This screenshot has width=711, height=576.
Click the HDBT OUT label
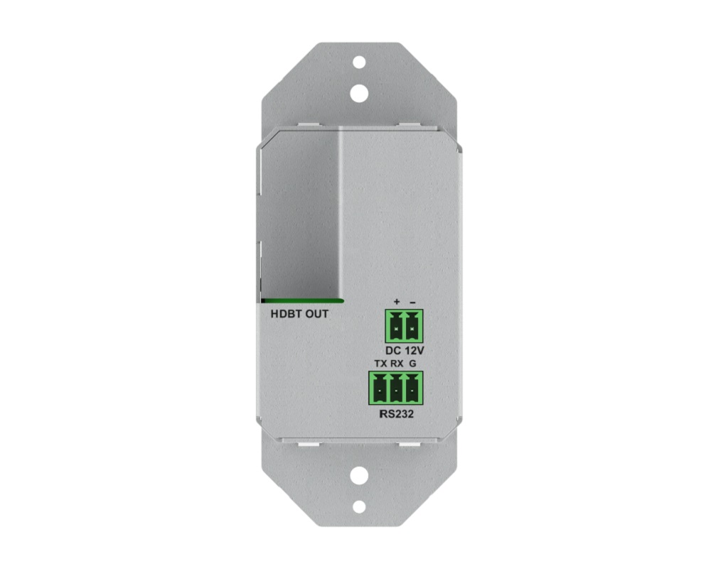[x=299, y=314]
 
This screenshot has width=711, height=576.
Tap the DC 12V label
[x=405, y=350]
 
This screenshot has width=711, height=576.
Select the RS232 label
[x=396, y=414]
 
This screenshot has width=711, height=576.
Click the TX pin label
[x=381, y=364]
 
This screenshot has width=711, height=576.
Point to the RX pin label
[x=397, y=364]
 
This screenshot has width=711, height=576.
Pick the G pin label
[x=412, y=364]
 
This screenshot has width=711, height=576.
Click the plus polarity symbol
[x=396, y=302]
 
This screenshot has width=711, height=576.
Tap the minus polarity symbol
[x=412, y=302]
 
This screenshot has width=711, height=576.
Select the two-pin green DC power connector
[x=404, y=326]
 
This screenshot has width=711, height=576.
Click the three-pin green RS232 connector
[x=396, y=388]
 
